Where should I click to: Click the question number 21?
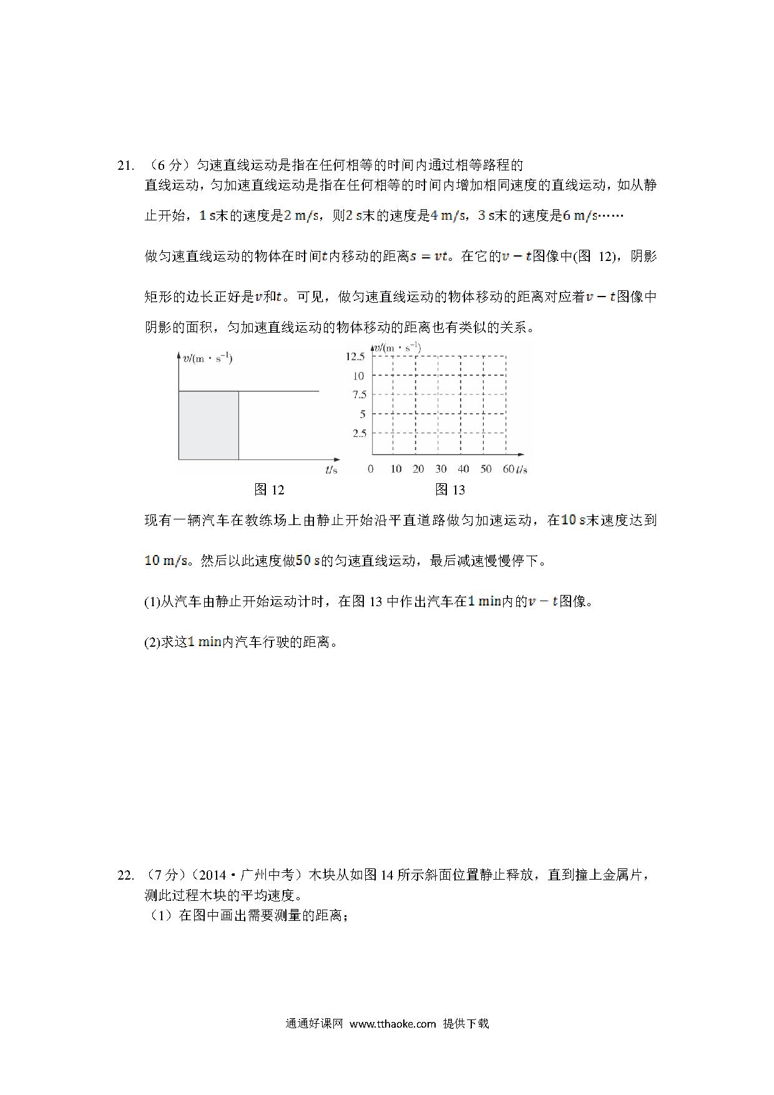(x=125, y=165)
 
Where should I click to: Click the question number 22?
(x=125, y=875)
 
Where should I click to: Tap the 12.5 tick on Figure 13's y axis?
(x=355, y=356)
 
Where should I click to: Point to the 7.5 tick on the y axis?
(x=359, y=395)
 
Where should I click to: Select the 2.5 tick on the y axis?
(x=359, y=433)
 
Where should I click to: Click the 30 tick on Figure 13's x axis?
(x=441, y=469)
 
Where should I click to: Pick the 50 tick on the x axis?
(x=486, y=469)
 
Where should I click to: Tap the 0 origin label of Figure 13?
(x=371, y=469)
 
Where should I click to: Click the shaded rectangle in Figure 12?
(x=208, y=425)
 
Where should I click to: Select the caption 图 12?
(x=269, y=490)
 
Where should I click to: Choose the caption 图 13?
(x=449, y=490)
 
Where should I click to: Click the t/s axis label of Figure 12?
(x=331, y=469)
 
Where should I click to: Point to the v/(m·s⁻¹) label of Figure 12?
(x=207, y=358)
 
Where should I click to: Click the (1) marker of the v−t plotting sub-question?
(x=152, y=602)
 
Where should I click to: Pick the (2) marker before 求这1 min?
(x=152, y=642)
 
